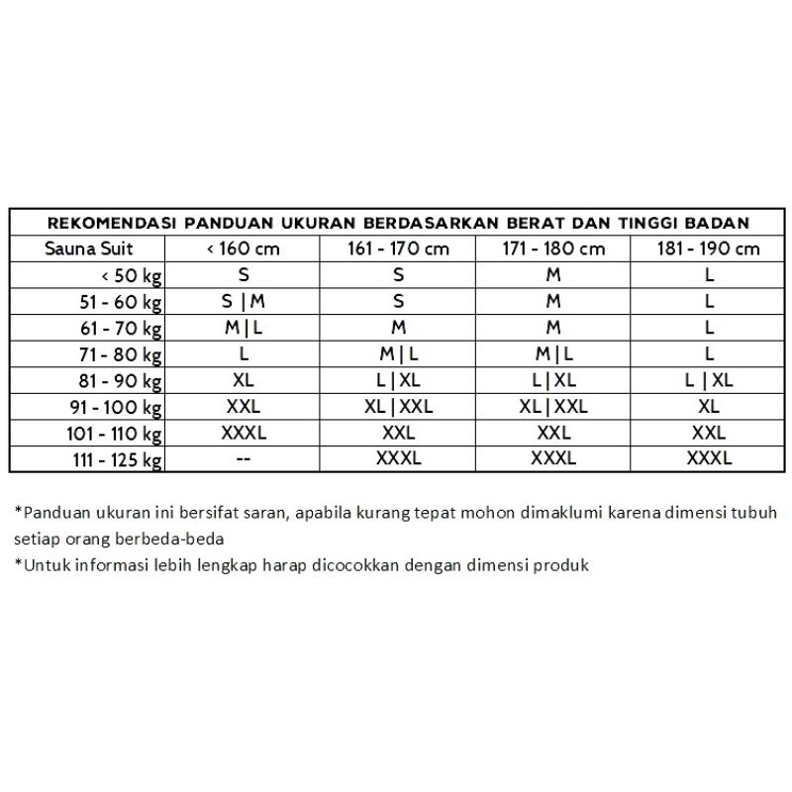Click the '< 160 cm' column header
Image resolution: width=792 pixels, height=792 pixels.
tap(243, 248)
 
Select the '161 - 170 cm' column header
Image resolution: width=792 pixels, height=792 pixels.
tap(398, 248)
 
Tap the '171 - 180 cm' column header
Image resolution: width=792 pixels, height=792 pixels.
tap(553, 248)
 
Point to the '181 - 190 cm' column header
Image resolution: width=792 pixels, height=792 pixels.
tap(709, 248)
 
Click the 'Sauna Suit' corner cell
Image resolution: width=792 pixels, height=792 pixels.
tap(88, 248)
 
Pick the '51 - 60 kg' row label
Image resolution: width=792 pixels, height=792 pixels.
tap(122, 302)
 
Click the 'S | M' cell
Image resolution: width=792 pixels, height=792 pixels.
tap(243, 302)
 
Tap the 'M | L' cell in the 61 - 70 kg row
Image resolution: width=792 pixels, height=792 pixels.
tap(243, 328)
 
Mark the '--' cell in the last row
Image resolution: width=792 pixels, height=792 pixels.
tap(243, 459)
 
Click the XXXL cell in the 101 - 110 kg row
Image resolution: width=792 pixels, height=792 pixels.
tap(243, 433)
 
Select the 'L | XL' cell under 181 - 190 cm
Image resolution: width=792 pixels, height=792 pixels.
tap(709, 380)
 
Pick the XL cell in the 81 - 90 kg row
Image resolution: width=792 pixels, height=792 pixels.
tap(243, 380)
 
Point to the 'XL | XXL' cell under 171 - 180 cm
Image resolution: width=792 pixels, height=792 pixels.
tap(553, 407)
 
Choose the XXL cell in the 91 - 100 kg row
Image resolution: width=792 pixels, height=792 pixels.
tap(243, 407)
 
